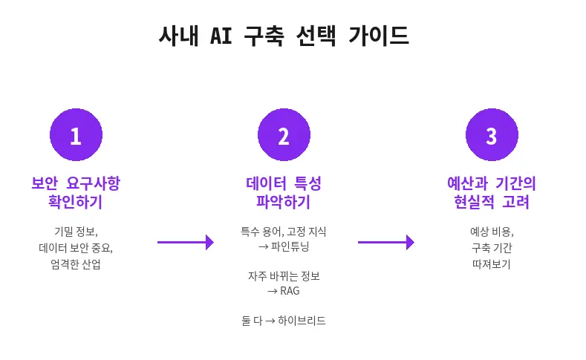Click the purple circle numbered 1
pos(76,136)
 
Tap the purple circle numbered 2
pos(283,136)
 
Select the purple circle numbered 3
pos(491,136)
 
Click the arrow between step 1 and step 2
pos(186,242)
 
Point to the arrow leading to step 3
pos(385,242)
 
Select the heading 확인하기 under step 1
pos(75,202)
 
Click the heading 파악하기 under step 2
pos(283,202)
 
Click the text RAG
pos(290,290)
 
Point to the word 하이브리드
pos(300,321)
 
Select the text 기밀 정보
pos(75,232)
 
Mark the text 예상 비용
pos(491,232)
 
